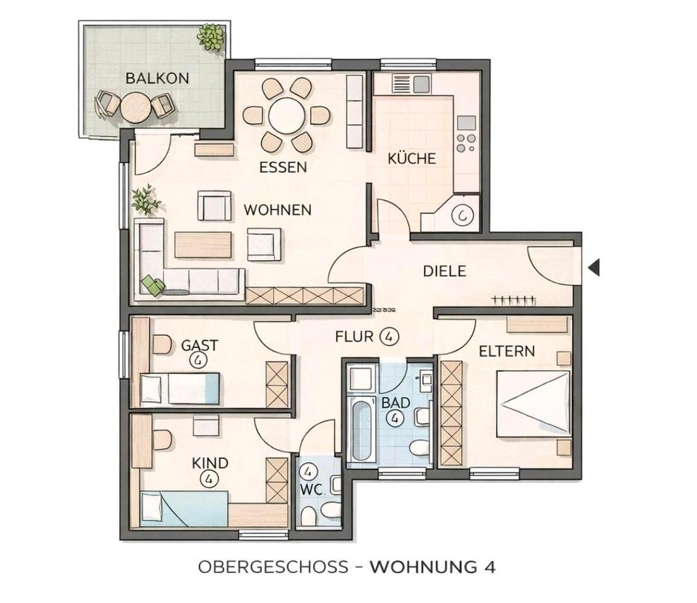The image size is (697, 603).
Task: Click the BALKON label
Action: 157,78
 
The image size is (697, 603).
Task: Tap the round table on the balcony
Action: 135,108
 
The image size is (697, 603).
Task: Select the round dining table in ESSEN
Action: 287,116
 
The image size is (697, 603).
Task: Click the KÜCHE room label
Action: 412,159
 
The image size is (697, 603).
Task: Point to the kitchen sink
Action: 411,83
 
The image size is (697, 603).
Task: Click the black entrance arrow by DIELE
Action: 594,267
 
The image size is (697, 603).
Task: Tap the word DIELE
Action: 444,271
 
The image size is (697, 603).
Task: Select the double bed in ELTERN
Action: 533,403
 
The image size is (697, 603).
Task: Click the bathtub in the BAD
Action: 361,430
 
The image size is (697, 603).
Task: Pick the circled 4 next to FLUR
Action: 389,336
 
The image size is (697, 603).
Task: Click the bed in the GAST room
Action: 179,389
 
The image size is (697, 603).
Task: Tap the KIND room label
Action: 210,463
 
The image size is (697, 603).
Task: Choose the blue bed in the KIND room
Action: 184,509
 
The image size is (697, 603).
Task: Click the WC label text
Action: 311,489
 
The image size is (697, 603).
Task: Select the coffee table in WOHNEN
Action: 203,245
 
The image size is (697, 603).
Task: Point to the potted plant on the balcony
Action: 211,37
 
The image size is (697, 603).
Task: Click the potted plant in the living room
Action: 145,200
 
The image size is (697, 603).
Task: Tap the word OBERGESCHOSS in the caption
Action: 273,567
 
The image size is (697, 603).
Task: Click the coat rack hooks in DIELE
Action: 513,301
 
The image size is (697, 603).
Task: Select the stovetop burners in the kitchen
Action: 466,142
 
